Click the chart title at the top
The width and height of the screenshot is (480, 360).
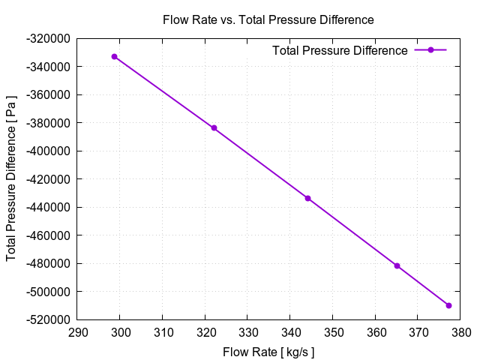268,19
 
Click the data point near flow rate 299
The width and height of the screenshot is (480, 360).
115,56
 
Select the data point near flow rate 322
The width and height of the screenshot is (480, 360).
214,128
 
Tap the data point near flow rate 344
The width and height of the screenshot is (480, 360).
307,198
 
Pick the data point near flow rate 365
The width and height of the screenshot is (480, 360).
397,266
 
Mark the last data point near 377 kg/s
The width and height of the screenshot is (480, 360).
448,305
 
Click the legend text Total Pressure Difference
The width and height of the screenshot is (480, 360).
340,50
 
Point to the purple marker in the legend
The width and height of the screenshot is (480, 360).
430,50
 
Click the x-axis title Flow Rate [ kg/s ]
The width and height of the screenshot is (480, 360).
268,352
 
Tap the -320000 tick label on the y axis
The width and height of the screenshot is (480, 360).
49,38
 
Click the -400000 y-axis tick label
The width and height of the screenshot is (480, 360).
49,151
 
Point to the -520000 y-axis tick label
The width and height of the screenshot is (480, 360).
49,319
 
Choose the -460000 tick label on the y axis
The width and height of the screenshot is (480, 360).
49,235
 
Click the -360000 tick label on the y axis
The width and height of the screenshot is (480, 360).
49,94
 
